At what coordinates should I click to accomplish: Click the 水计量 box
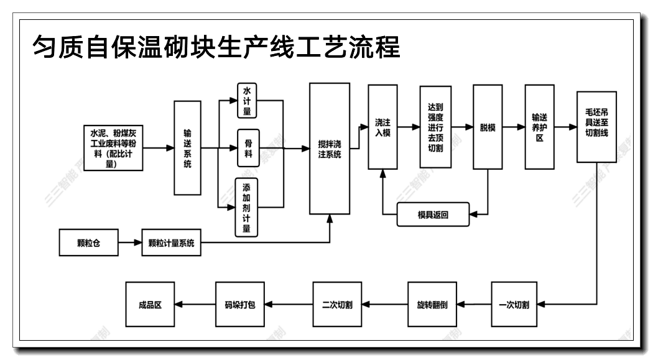pyautogui.click(x=248, y=100)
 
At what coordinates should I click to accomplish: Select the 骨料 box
pyautogui.click(x=248, y=149)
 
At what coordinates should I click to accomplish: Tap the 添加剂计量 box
pyautogui.click(x=247, y=206)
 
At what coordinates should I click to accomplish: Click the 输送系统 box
pyautogui.click(x=187, y=149)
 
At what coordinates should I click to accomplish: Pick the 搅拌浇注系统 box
pyautogui.click(x=329, y=149)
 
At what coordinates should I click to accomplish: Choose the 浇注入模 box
pyautogui.click(x=382, y=127)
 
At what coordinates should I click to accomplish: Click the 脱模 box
pyautogui.click(x=488, y=127)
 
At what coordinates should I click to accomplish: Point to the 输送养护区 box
pyautogui.click(x=539, y=127)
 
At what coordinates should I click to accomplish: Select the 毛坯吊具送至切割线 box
pyautogui.click(x=596, y=127)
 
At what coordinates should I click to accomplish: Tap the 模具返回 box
pyautogui.click(x=433, y=215)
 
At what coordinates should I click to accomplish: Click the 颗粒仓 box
pyautogui.click(x=88, y=242)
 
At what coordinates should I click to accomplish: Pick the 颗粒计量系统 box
pyautogui.click(x=172, y=242)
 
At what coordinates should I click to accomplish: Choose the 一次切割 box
pyautogui.click(x=514, y=305)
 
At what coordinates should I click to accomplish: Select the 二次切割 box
pyautogui.click(x=337, y=305)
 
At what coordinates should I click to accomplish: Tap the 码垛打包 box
pyautogui.click(x=239, y=305)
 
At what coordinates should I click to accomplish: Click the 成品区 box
pyautogui.click(x=150, y=305)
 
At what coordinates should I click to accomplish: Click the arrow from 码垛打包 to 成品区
pyautogui.click(x=195, y=305)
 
